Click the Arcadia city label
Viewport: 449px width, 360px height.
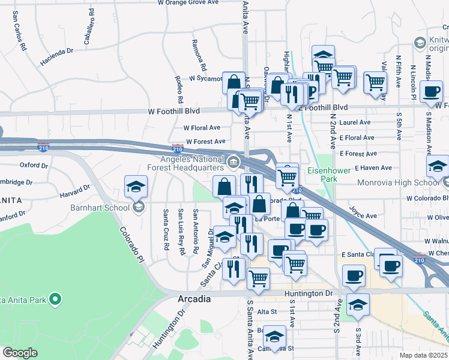point(194,299)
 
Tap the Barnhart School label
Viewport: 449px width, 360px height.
point(104,208)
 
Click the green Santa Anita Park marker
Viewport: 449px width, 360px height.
point(55,298)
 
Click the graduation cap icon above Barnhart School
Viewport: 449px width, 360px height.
point(136,186)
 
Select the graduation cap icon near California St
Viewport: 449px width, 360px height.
point(275,337)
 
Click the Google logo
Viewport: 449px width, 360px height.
point(20,353)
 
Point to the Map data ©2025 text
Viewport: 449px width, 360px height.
point(423,355)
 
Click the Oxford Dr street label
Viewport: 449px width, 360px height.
point(34,164)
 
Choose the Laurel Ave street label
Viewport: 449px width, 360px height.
point(355,122)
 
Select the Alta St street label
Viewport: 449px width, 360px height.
point(267,311)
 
